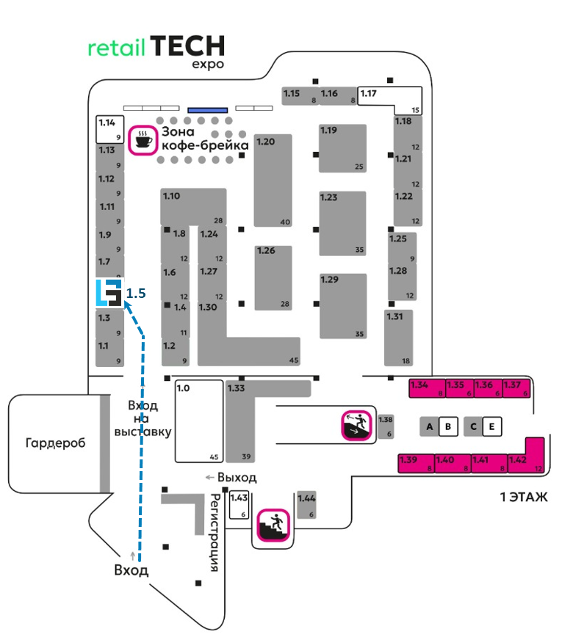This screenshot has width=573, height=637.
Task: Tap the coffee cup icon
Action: pos(143,139)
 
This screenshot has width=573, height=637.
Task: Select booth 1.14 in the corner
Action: pos(109,128)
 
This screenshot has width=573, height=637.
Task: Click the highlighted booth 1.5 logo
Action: pos(109,292)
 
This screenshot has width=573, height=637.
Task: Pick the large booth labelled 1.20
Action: pos(273,180)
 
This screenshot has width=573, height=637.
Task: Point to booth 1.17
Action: pos(390,97)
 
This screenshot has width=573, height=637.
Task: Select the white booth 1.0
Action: pos(199,421)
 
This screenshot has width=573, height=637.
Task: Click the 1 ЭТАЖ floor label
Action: pos(525,498)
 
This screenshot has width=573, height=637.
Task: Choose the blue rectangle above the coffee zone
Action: pos(207,109)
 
